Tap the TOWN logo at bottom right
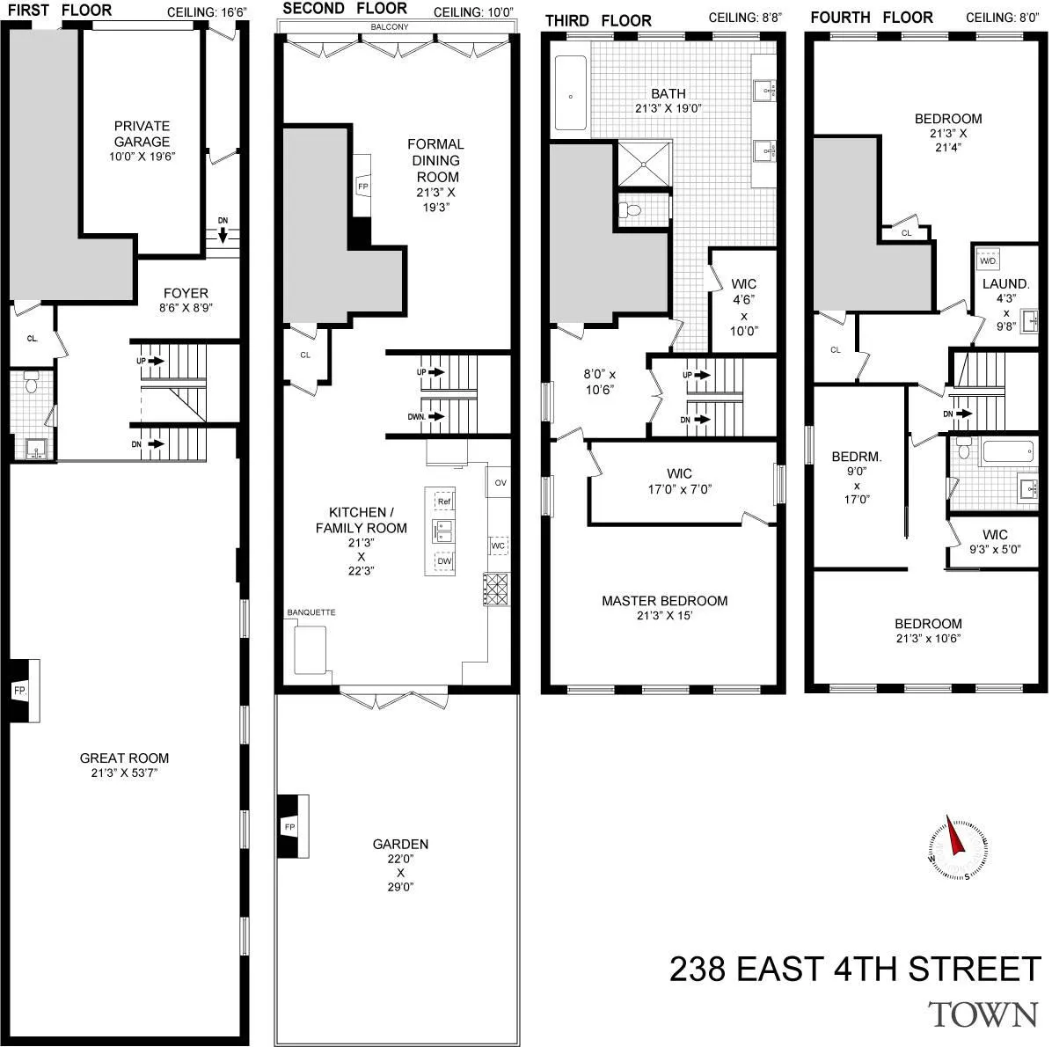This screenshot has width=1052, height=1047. [x=983, y=1014]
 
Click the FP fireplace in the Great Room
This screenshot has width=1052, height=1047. [x=21, y=691]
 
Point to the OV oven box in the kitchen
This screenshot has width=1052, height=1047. [x=500, y=482]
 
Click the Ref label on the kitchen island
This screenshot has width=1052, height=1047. [x=443, y=502]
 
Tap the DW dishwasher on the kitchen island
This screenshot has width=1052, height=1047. [x=443, y=560]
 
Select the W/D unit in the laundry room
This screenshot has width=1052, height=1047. [x=989, y=261]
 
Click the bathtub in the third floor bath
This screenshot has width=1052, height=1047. [x=570, y=95]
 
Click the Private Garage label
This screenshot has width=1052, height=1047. [x=142, y=134]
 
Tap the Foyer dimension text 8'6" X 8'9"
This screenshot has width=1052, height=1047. [x=185, y=309]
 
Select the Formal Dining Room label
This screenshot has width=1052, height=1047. [x=436, y=160]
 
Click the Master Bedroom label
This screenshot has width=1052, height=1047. [x=664, y=601]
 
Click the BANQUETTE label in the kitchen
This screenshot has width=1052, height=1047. [x=311, y=612]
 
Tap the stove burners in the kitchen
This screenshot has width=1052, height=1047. [x=496, y=589]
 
